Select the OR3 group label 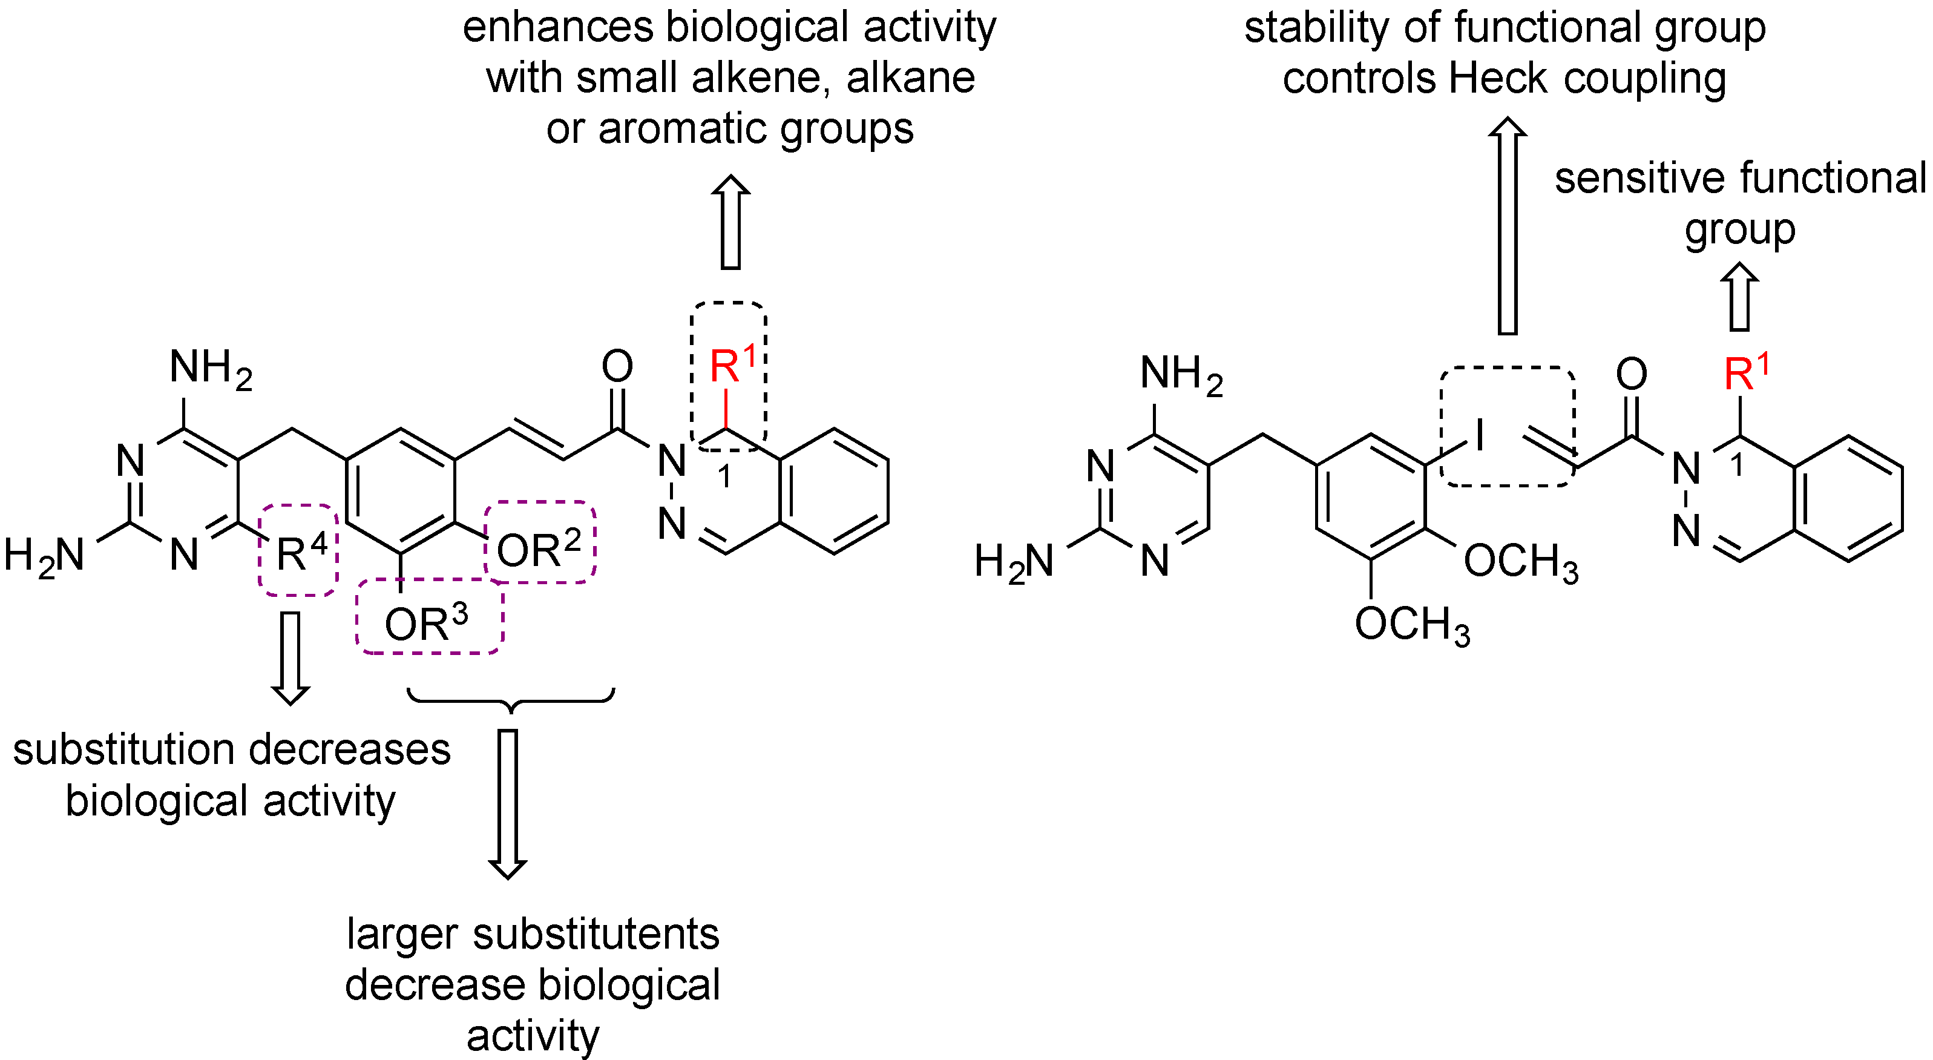click(426, 623)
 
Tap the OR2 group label click(539, 550)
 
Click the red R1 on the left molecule click(732, 366)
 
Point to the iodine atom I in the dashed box click(1479, 435)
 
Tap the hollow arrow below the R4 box click(290, 657)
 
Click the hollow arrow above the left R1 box click(730, 222)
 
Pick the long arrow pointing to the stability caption click(1508, 225)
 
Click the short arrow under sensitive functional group click(1739, 297)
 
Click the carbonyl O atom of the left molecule click(617, 366)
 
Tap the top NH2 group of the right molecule click(1180, 374)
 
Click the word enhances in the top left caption click(558, 27)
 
